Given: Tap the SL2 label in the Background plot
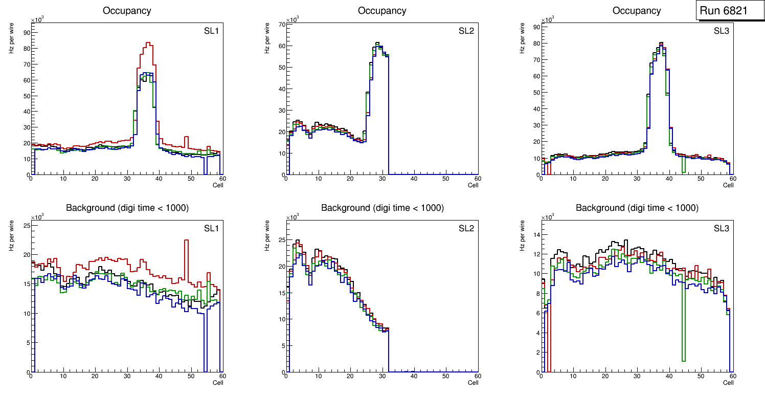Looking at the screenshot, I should pos(466,228).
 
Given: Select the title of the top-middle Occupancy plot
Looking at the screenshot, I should pos(382,11).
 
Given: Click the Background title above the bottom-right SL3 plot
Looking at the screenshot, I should pos(637,208).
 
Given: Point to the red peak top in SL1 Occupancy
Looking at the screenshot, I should pos(148,43).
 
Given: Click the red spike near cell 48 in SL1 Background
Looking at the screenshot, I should pos(186,240).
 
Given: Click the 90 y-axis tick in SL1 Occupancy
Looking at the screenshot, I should pos(27,32).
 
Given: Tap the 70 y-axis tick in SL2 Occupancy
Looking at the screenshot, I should pos(282,25).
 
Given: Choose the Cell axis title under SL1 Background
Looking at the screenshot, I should pos(218,382).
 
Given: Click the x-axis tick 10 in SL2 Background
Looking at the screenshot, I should pos(318,376).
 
